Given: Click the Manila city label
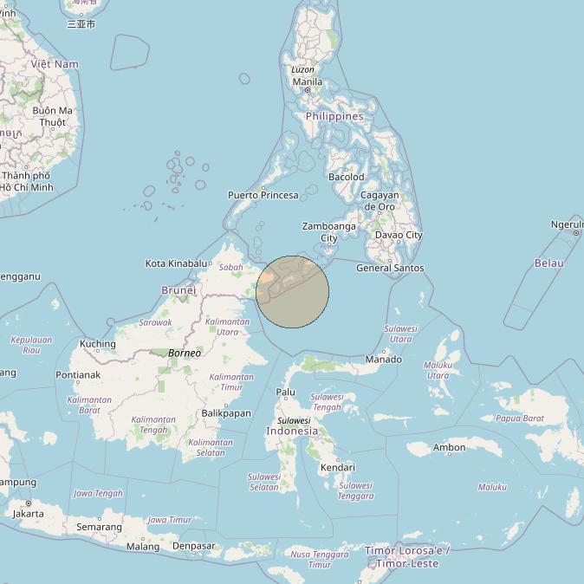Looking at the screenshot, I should click(307, 82).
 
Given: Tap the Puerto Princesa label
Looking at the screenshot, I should click(263, 195).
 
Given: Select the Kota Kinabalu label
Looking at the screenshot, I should click(177, 263).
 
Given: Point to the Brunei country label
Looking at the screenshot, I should click(178, 290).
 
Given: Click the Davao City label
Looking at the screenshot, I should click(399, 235).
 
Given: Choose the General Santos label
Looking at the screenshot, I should click(390, 268).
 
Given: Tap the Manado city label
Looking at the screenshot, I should click(384, 359).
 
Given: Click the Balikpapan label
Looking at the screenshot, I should click(226, 413).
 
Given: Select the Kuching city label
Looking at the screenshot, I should click(97, 344).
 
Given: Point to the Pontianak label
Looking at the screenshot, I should click(78, 375).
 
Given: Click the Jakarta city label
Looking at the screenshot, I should click(29, 513).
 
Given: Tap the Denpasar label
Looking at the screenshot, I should click(193, 546).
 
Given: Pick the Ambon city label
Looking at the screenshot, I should click(450, 448).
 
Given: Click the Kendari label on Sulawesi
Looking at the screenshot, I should click(337, 467).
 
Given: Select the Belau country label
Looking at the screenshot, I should click(548, 263).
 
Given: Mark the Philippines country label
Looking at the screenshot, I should click(334, 116).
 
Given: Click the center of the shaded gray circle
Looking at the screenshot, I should click(293, 292).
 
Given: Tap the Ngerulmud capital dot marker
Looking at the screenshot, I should click(576, 233).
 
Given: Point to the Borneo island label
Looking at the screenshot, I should click(185, 353).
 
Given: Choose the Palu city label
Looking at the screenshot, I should click(285, 392).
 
